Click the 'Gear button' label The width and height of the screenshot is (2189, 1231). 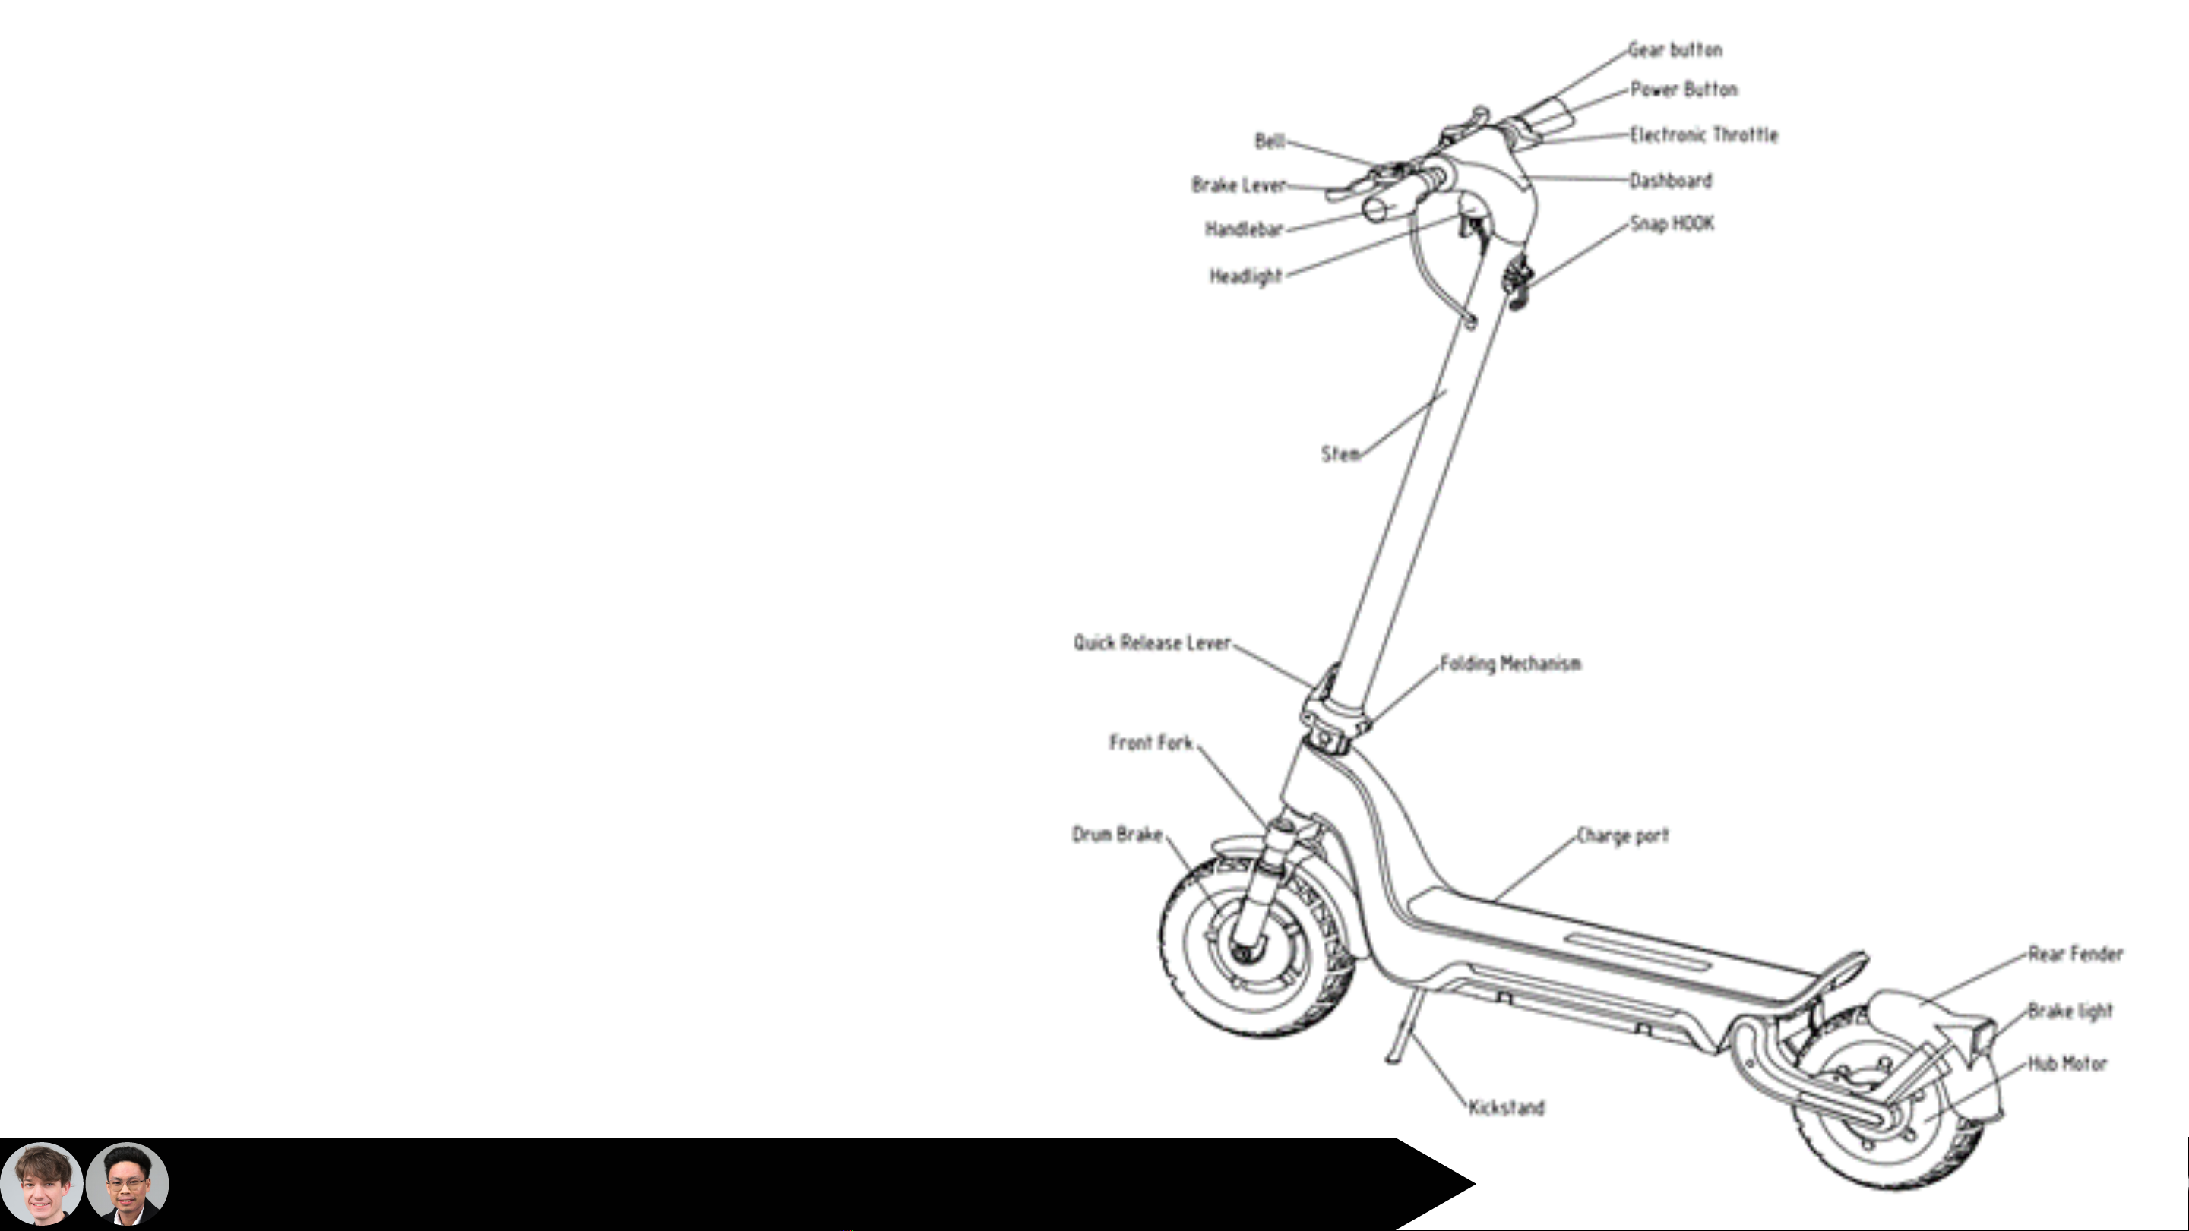point(1675,50)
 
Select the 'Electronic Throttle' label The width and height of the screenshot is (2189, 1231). point(1703,135)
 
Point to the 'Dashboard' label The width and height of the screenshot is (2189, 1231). point(1671,181)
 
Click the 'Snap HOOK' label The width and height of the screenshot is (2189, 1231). point(1672,224)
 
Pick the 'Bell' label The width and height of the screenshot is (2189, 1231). point(1270,141)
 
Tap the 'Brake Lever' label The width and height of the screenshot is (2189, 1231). point(1238,185)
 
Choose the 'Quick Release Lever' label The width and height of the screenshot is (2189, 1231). point(1151,643)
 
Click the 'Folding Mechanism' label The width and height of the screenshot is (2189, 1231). point(1510,664)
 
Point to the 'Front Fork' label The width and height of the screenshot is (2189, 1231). point(1150,743)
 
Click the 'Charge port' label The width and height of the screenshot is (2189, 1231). point(1622,836)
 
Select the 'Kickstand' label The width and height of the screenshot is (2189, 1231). point(1506,1108)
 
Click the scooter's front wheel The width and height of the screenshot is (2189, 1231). point(1257,947)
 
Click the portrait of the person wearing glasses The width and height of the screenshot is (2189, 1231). point(128,1183)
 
